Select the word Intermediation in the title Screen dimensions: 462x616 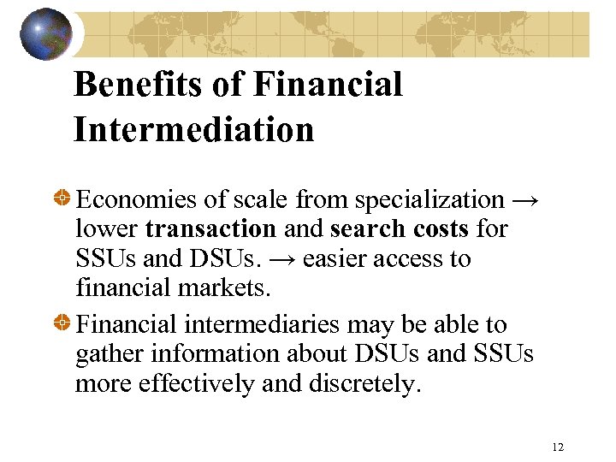pyautogui.click(x=194, y=130)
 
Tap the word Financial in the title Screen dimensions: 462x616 pyautogui.click(x=328, y=85)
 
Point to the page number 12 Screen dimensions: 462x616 pyautogui.click(x=558, y=447)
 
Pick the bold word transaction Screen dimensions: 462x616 pyautogui.click(x=210, y=229)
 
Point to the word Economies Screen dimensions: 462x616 pyautogui.click(x=136, y=200)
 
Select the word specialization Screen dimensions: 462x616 pyautogui.click(x=429, y=200)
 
